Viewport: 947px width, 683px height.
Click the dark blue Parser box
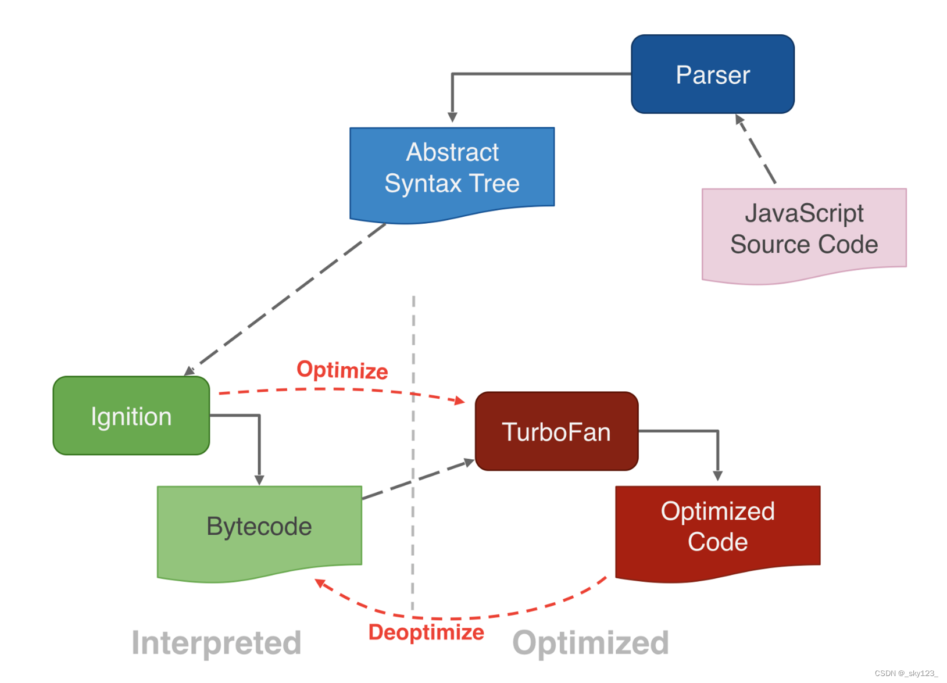712,74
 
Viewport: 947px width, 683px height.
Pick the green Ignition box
131,416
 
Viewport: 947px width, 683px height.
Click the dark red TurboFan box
556,431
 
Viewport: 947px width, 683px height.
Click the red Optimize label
342,370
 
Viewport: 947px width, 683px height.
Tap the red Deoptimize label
426,632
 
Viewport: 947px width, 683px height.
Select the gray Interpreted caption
216,643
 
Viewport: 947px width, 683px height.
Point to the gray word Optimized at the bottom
590,643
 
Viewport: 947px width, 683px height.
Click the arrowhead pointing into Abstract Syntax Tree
452,117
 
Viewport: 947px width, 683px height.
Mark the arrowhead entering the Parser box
739,119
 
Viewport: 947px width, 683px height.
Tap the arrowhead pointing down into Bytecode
259,480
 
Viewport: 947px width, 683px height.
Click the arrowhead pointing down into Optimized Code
718,475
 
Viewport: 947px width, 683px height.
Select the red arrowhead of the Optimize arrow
460,400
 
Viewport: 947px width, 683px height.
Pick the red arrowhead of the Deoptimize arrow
320,583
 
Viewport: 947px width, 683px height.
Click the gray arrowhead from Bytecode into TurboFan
469,463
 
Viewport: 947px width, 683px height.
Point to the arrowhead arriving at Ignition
189,371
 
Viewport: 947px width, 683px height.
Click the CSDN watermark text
906,673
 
